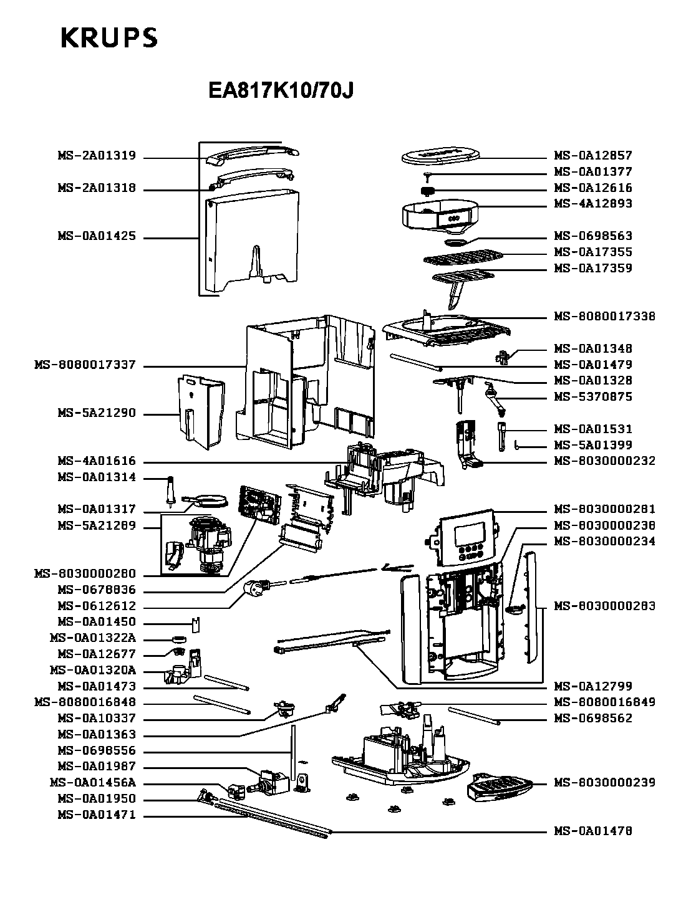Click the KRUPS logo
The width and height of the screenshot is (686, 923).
point(109,39)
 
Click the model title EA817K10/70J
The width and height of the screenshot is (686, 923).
point(281,91)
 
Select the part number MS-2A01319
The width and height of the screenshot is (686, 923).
point(97,156)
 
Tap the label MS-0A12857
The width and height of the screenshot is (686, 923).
point(593,156)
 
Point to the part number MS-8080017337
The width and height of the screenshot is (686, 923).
point(85,365)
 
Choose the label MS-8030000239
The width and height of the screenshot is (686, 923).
point(604,783)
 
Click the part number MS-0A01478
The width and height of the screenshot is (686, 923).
point(593,831)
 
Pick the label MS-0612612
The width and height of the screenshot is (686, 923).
point(97,606)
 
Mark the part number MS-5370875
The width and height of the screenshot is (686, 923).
point(593,397)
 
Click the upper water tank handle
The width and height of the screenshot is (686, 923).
point(253,154)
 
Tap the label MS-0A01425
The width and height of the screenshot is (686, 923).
point(97,237)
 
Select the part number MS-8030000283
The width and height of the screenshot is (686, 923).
point(604,606)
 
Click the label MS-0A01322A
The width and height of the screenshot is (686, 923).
point(92,638)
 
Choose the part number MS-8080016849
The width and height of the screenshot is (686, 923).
point(604,702)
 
